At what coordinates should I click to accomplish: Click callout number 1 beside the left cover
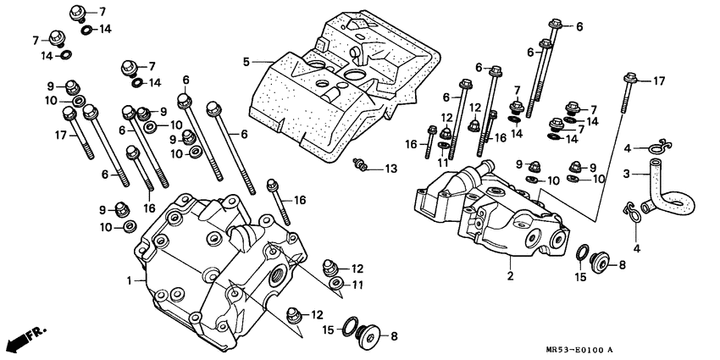130,280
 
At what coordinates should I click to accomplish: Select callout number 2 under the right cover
510,275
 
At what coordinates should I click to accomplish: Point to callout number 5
246,61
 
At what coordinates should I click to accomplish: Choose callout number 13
390,169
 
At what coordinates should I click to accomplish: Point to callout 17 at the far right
658,80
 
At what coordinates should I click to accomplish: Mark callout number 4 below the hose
637,248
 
